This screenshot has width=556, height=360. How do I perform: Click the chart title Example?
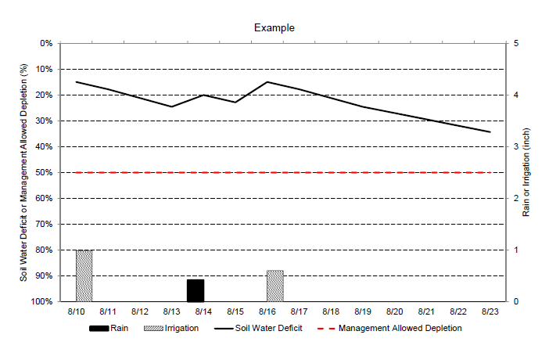pyautogui.click(x=274, y=27)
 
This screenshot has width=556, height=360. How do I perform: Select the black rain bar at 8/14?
pyautogui.click(x=195, y=290)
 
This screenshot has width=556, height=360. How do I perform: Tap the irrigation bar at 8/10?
pyautogui.click(x=84, y=275)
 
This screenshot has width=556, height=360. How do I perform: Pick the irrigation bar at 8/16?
pyautogui.click(x=274, y=286)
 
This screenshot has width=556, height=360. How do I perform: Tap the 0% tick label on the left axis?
pyautogui.click(x=46, y=43)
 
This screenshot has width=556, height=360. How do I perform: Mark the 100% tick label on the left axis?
pyautogui.click(x=42, y=301)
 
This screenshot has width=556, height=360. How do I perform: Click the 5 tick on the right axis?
pyautogui.click(x=515, y=43)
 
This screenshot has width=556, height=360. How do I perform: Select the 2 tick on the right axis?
pyautogui.click(x=515, y=198)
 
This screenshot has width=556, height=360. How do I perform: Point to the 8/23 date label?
pyautogui.click(x=490, y=311)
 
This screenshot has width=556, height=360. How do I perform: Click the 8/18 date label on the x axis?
pyautogui.click(x=331, y=311)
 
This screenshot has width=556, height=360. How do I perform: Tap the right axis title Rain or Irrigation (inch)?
pyautogui.click(x=527, y=172)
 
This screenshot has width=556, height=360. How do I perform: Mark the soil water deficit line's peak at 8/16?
pyautogui.click(x=267, y=81)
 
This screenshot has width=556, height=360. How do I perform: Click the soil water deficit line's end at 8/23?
pyautogui.click(x=490, y=131)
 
